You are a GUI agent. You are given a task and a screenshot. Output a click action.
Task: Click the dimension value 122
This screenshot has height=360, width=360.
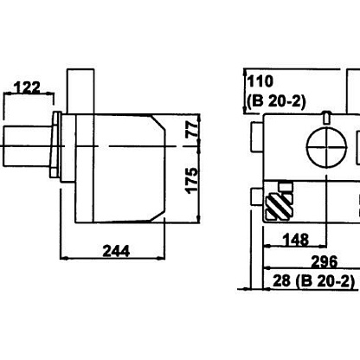pos(28,87)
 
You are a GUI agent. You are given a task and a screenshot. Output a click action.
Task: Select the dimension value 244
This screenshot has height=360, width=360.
pos(116,251)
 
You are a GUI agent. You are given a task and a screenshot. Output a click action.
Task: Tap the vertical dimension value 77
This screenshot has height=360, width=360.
pos(192,129)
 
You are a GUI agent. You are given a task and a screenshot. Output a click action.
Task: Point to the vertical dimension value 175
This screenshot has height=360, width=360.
pos(192,181)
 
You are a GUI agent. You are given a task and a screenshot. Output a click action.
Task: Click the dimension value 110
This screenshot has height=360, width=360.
pos(260,81)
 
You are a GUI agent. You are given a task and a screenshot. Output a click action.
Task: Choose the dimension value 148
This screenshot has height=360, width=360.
pos(296,240)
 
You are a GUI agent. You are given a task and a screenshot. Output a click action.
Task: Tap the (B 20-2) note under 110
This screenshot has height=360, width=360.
pos(276,101)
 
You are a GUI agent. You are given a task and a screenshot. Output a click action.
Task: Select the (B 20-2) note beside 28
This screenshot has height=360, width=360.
pos(325,281)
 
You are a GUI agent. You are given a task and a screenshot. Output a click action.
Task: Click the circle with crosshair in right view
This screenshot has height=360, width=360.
pos(326,146)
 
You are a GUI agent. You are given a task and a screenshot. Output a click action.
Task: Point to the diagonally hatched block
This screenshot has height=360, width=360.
pos(279,206)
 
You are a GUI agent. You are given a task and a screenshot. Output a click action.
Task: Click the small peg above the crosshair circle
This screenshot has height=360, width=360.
pos(326,118)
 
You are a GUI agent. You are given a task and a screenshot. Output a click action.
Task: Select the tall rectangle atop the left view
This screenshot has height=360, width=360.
pos(80,91)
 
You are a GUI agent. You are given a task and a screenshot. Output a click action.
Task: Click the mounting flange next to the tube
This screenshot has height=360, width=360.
pos(56,145)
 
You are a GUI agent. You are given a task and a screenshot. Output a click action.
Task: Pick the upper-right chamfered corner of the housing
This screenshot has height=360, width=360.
pos(158,122)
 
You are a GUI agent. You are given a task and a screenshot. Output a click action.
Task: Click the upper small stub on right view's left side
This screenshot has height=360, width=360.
pos(257,137)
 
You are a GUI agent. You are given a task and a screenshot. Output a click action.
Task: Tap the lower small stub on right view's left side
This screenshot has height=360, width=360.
pos(257,196)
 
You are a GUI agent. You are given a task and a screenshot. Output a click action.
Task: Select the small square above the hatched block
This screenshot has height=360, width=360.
pos(286,187)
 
